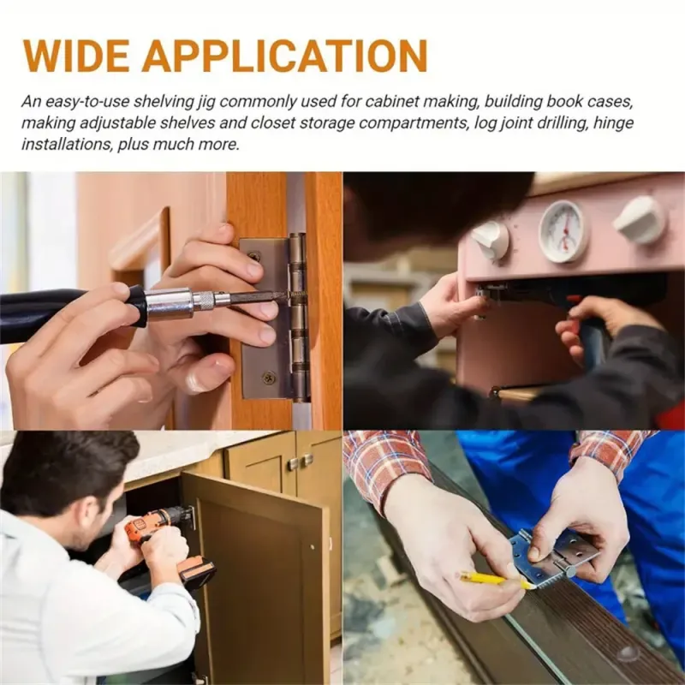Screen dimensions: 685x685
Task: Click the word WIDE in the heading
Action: (75, 56)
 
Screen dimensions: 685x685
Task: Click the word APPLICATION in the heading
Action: (284, 56)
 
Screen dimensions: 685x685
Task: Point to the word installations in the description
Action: (67, 144)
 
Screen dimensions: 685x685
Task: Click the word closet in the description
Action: (269, 122)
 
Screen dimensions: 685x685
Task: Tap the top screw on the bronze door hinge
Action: (254, 255)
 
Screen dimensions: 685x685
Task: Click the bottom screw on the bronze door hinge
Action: (268, 377)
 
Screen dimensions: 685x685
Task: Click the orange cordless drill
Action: (166, 546)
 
